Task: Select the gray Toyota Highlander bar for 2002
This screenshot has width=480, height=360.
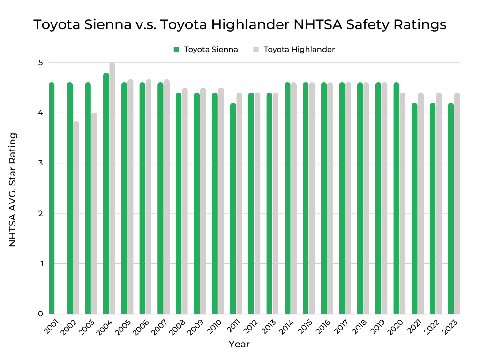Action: [x=76, y=217]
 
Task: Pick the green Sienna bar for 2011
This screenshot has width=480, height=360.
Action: [x=233, y=208]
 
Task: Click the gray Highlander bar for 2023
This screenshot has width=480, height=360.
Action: [x=457, y=203]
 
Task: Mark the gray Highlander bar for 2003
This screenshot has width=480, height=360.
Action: [x=94, y=213]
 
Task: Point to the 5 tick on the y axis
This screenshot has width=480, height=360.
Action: [x=40, y=63]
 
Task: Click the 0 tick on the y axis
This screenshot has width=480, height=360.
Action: [x=40, y=314]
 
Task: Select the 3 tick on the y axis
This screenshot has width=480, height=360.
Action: [x=40, y=163]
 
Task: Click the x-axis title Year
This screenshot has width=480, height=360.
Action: [x=239, y=345]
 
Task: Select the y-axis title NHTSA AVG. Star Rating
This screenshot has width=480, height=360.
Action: [x=13, y=189]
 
